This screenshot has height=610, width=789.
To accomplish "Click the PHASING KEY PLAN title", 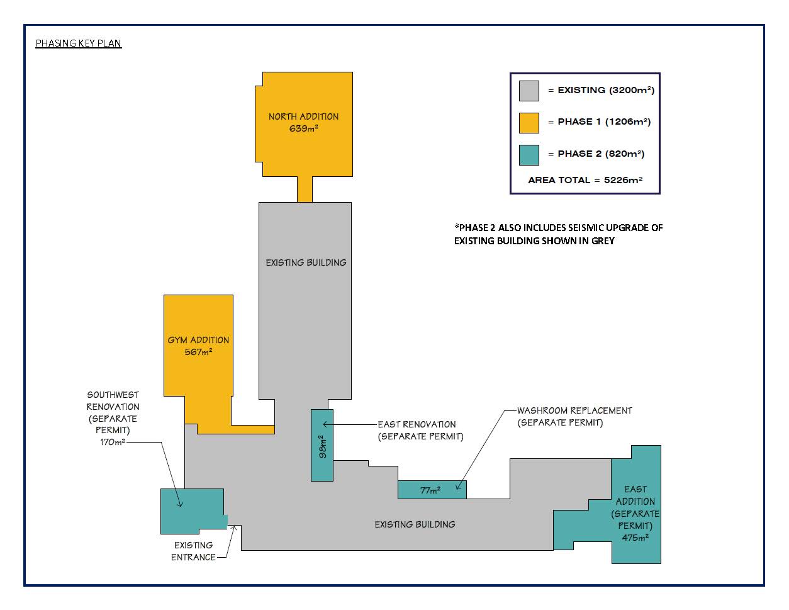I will tap(78, 43).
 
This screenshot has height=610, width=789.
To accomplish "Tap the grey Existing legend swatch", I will tap(529, 91).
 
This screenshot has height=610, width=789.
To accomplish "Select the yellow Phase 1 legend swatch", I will tap(529, 123).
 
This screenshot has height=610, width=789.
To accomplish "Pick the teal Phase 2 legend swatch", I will tap(529, 155).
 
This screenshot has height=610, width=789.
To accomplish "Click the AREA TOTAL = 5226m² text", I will tap(585, 180).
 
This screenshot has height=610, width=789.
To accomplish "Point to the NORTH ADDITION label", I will tap(303, 116).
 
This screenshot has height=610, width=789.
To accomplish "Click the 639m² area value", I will tap(303, 129).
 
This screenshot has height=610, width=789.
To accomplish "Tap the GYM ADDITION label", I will tap(198, 340).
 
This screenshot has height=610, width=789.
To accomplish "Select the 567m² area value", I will tap(198, 353).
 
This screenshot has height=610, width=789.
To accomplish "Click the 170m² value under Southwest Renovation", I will tap(113, 443).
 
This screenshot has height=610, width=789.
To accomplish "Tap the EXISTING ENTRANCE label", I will tap(193, 551).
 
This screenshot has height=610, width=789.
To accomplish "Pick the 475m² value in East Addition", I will tap(635, 538).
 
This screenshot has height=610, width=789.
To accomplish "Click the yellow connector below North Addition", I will tap(305, 189).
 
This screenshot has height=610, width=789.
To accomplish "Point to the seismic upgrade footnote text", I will tap(558, 234).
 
